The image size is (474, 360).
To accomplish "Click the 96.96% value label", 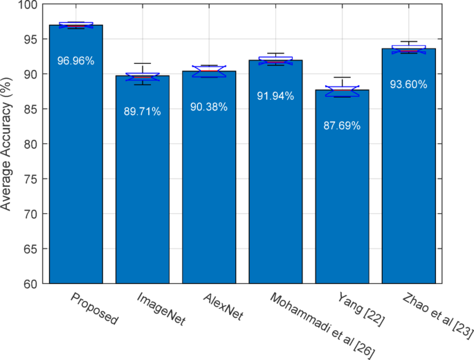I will [x=76, y=61].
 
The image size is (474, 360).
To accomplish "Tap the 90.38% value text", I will [x=209, y=107].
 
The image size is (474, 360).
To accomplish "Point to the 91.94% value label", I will [x=275, y=96].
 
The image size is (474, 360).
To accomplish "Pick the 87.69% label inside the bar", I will [x=342, y=126].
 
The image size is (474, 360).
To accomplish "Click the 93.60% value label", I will [x=408, y=84].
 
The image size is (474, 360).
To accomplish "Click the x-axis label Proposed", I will [x=95, y=309].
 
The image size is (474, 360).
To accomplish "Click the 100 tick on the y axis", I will [x=29, y=5].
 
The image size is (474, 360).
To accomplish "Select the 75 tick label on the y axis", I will [x=32, y=179].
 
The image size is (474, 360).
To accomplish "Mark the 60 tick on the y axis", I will [x=32, y=284].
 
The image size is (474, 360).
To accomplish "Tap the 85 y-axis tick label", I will [x=32, y=109].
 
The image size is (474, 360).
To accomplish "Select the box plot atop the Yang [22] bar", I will [x=342, y=90].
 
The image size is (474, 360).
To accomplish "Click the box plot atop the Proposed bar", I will [x=76, y=26].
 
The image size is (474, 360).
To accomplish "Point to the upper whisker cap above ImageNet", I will [x=143, y=64].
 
